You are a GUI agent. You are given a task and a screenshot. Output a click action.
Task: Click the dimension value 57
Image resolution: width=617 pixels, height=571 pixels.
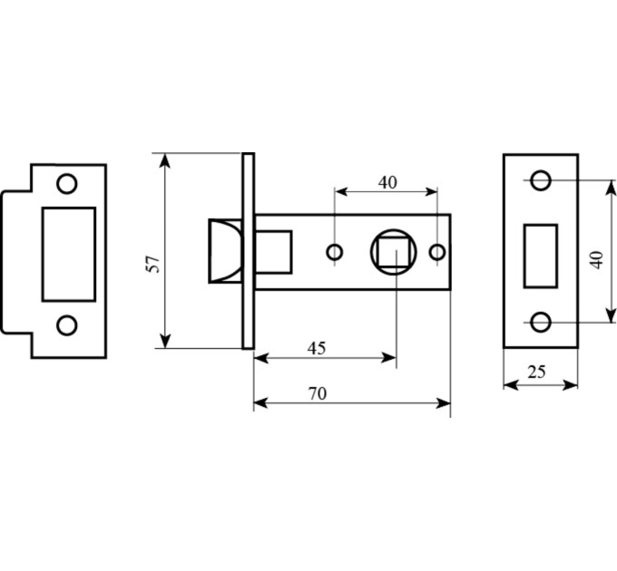pos(152,264)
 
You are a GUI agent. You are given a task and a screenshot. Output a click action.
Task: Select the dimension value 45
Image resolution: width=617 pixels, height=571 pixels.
pos(317,348)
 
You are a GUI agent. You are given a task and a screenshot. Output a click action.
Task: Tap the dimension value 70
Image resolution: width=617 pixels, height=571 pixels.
pos(318,393)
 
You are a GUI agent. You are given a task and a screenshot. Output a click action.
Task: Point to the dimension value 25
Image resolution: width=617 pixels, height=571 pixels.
pos(537,372)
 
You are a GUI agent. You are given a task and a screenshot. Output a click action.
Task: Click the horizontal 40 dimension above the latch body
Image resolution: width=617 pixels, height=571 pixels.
pos(387,183)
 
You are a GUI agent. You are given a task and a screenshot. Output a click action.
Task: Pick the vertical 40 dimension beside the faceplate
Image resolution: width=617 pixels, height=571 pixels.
pos(597,260)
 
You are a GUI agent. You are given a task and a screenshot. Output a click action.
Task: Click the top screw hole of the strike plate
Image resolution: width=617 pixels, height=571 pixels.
pos(67,183)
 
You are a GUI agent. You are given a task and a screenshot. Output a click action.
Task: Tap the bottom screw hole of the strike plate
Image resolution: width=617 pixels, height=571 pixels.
pos(67,325)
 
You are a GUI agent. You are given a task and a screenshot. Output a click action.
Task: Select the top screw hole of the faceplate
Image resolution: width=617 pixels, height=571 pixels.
pos(541,180)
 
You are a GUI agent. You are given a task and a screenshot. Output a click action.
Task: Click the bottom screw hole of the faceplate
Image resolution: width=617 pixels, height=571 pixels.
pos(541,323)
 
